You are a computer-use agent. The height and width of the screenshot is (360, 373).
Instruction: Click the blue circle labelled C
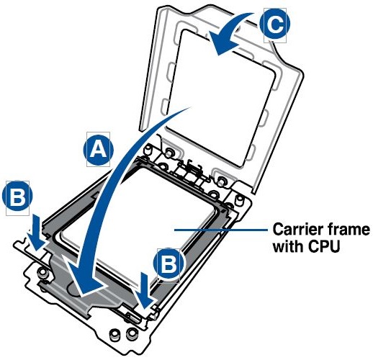275,24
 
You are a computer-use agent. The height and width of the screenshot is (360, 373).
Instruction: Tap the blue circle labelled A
98,150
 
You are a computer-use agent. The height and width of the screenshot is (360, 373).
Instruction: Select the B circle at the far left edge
17,196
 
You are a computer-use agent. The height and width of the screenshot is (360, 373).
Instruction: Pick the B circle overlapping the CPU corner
168,264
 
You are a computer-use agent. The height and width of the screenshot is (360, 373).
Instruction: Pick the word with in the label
289,246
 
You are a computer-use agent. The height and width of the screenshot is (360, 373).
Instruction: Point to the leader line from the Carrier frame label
221,230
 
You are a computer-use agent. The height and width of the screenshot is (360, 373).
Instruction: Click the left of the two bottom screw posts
114,334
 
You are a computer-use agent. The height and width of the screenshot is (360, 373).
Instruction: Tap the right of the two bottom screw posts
132,333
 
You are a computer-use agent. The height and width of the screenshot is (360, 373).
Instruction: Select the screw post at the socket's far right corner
239,200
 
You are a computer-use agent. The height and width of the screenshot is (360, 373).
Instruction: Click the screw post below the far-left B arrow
43,272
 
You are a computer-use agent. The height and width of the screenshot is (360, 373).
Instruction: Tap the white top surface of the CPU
153,216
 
